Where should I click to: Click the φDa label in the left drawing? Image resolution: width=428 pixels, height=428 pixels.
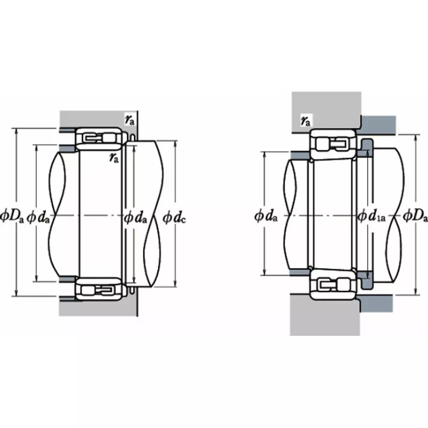point(12,216)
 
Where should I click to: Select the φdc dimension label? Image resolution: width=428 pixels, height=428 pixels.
point(174,217)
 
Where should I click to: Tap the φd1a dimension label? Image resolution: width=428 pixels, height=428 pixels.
point(371,216)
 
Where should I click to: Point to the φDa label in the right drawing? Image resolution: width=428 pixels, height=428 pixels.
point(415,216)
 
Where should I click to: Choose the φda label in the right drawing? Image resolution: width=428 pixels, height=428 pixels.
point(266,216)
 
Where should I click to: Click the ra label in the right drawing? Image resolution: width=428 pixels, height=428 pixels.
point(305,121)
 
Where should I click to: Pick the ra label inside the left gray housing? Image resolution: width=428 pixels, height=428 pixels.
point(129,120)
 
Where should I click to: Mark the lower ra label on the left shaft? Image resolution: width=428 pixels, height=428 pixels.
point(113,156)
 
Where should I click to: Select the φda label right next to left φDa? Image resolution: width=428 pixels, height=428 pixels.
point(39,216)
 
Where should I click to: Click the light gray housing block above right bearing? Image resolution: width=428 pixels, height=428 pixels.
point(326,107)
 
